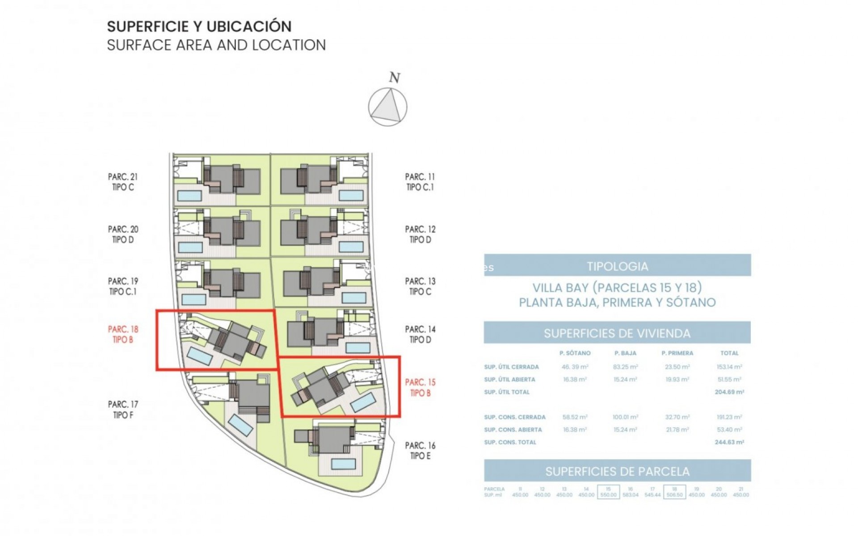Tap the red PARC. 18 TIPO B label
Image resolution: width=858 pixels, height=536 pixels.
point(123,335)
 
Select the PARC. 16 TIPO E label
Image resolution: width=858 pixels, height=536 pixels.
point(420,451)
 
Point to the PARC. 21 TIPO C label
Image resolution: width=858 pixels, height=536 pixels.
point(123,182)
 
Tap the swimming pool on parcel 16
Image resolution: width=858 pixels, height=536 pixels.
point(343,464)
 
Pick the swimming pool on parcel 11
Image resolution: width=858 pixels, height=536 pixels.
point(351,196)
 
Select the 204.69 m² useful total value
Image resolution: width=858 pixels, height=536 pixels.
point(729,392)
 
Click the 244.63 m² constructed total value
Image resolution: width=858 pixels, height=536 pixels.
point(729,442)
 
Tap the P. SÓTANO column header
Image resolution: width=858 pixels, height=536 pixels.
point(575,353)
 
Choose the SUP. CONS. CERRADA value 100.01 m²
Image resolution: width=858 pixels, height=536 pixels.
point(625,417)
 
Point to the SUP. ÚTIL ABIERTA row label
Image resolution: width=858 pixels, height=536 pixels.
point(509,380)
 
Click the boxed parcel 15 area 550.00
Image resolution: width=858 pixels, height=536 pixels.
point(608,492)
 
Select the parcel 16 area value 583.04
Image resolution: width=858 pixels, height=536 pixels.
point(630,495)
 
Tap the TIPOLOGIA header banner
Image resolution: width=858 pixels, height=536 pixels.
point(617,266)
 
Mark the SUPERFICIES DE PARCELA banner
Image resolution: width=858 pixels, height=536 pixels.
point(617,471)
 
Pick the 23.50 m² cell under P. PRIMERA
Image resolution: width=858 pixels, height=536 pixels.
point(677,367)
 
